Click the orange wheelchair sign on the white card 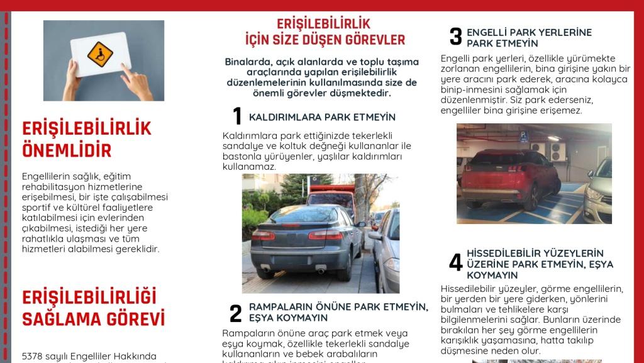(99, 54)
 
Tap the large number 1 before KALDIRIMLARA (236, 116)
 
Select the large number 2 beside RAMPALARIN (235, 313)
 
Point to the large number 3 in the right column (455, 37)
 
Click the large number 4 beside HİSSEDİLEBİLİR (455, 263)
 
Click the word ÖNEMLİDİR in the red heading (67, 150)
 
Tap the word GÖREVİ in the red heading (131, 318)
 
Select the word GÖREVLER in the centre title (375, 40)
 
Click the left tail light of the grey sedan (263, 235)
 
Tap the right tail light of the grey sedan (326, 235)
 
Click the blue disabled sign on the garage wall (523, 135)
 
